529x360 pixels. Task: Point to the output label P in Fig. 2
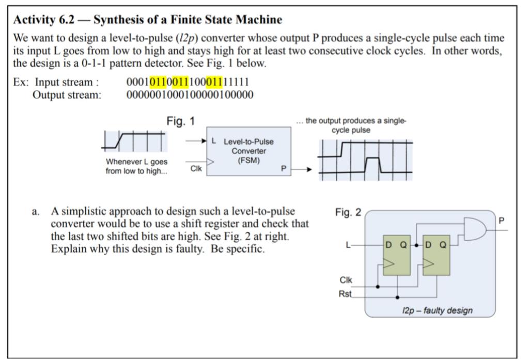(501, 221)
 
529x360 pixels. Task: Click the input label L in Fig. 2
(351, 245)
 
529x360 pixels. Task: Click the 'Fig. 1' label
(180, 122)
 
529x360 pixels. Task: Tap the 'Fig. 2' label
(349, 213)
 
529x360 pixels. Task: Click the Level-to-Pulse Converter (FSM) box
(248, 151)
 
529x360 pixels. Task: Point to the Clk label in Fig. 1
(195, 168)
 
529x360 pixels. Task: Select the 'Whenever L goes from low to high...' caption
(136, 165)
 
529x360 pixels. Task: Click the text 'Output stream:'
(67, 94)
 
